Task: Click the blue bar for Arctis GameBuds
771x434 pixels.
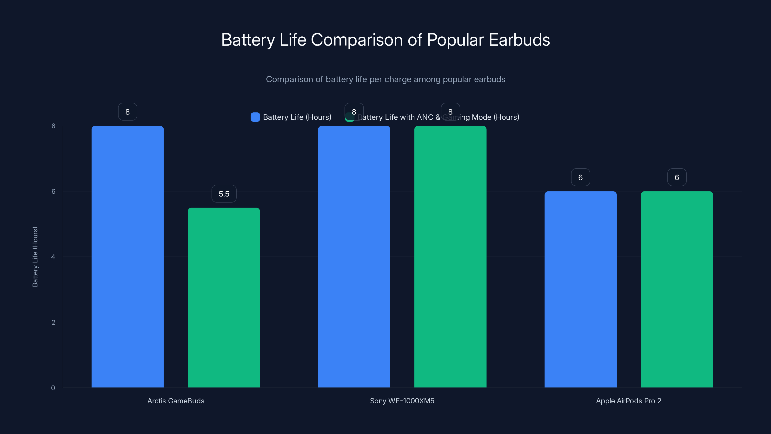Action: [x=127, y=256]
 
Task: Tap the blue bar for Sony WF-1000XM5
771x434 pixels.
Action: [x=354, y=256]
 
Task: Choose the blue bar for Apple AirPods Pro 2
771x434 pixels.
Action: [x=580, y=289]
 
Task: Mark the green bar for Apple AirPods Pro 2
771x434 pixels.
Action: [x=677, y=289]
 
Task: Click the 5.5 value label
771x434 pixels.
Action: [x=224, y=194]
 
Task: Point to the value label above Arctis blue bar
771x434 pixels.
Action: [x=127, y=112]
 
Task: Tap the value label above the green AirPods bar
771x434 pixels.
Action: [x=677, y=177]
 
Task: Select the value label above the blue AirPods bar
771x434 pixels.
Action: [x=580, y=177]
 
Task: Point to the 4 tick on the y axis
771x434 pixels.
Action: [x=53, y=257]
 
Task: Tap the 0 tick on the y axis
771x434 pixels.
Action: [x=53, y=388]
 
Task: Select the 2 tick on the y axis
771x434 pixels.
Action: [x=53, y=322]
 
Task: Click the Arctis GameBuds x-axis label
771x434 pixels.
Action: [x=176, y=401]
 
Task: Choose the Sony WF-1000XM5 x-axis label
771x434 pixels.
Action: [x=402, y=401]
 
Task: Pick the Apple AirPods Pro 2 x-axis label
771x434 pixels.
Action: [x=629, y=401]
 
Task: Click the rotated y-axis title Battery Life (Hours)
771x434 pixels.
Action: [x=35, y=257]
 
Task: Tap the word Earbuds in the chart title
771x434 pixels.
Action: [x=519, y=40]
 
